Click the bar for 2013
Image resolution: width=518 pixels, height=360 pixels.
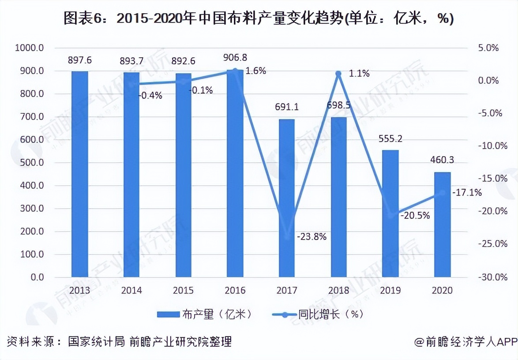(x=80, y=174)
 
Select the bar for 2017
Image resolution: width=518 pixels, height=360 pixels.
(x=286, y=198)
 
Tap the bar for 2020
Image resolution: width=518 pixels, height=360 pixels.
(x=443, y=225)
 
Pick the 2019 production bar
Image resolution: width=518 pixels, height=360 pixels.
(x=390, y=214)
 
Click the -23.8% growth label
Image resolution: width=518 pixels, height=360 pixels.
(x=312, y=237)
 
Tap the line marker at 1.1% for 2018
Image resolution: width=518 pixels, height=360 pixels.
(x=338, y=74)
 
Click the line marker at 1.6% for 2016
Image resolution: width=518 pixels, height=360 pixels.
(x=235, y=71)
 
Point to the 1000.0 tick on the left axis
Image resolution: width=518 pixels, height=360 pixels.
(x=29, y=48)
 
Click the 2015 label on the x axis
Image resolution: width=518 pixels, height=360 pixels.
(x=183, y=290)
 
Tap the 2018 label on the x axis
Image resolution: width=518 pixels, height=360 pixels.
(x=338, y=290)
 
